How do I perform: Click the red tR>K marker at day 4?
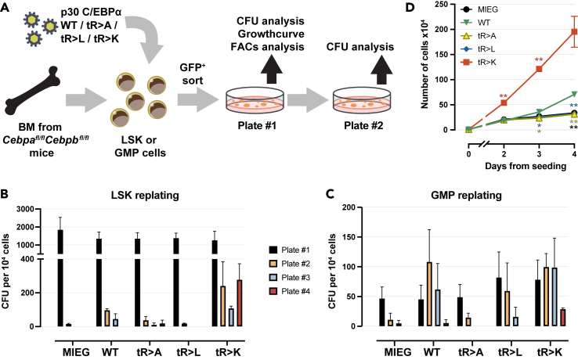573,32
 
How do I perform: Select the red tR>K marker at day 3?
538,69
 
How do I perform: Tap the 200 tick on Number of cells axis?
450,29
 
